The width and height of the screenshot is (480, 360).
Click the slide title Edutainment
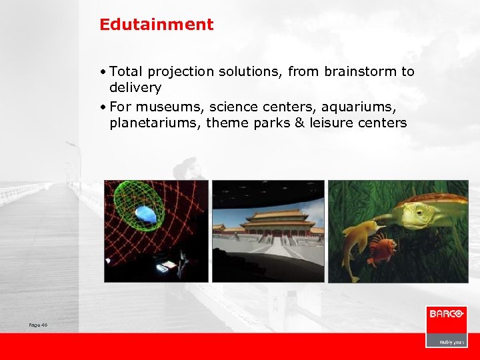click(157, 25)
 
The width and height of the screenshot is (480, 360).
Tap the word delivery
click(135, 87)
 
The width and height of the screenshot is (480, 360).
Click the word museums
click(164, 107)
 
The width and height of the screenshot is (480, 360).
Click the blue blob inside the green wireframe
click(146, 215)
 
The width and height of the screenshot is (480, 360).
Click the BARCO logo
click(446, 313)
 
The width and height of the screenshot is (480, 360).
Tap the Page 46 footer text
click(38, 325)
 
